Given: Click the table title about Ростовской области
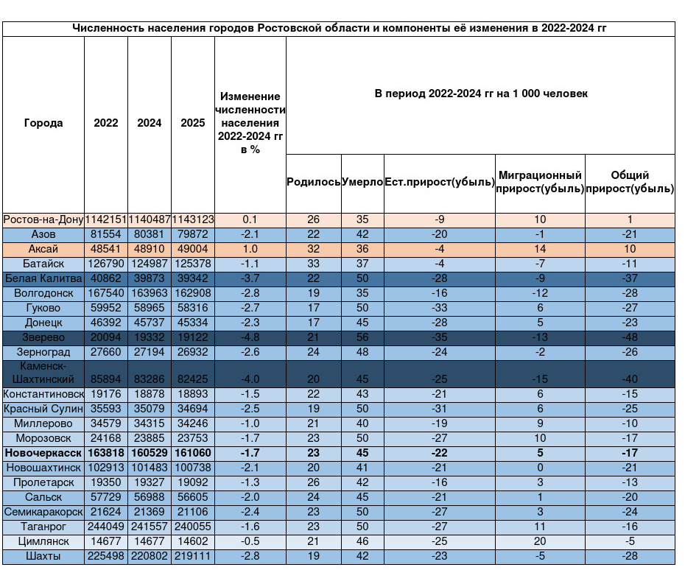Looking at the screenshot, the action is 339,29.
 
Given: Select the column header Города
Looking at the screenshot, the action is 43,123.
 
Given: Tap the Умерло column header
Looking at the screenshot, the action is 362,182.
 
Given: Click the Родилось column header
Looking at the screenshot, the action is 313,182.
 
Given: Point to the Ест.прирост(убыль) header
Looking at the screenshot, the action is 440,182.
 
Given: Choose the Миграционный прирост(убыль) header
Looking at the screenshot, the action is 540,182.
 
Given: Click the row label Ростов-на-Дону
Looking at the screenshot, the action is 43,219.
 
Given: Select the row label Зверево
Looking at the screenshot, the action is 43,337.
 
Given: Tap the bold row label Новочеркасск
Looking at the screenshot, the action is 43,453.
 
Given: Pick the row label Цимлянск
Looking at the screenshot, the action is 43,541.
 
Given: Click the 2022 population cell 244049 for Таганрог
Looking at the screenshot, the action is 106,527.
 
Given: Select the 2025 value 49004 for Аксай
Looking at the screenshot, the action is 193,249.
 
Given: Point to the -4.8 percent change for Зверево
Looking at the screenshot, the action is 250,337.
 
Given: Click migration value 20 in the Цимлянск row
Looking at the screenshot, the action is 540,541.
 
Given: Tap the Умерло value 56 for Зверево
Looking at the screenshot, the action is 362,337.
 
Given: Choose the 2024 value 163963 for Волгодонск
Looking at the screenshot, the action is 150,293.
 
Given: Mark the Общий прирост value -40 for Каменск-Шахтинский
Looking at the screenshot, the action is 630,379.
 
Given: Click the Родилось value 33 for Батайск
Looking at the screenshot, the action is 313,264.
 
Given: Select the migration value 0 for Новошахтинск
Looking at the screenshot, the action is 540,468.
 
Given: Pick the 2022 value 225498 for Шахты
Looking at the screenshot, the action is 106,557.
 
